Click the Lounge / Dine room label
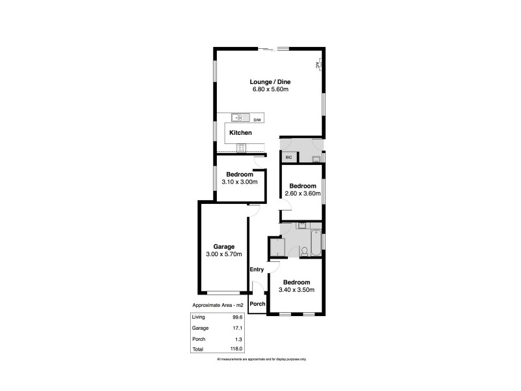click(x=271, y=82)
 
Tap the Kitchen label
click(x=240, y=133)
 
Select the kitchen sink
click(x=240, y=118)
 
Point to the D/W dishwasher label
click(x=257, y=120)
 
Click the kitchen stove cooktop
click(x=240, y=148)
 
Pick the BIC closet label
click(x=288, y=157)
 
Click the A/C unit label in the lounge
click(x=317, y=65)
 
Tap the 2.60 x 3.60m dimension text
click(x=303, y=194)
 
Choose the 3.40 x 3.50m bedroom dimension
click(x=296, y=290)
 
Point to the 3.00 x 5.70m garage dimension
click(x=223, y=254)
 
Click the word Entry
click(x=257, y=270)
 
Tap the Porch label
click(x=258, y=304)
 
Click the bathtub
click(x=316, y=242)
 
